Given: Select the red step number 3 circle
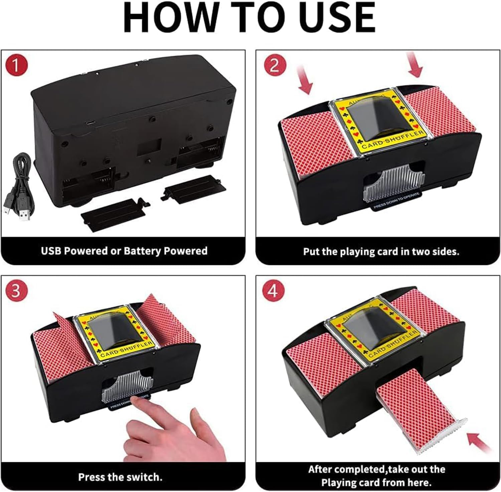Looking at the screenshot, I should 16,291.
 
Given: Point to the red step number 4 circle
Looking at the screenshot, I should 273,291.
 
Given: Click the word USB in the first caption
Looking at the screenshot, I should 51,251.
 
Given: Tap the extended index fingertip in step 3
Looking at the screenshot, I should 134,401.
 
